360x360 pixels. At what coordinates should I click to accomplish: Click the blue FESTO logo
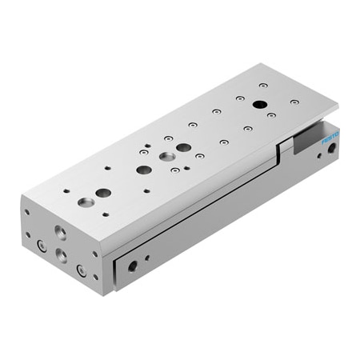pyautogui.click(x=330, y=138)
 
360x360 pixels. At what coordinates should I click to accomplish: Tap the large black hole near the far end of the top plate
pyautogui.click(x=259, y=105)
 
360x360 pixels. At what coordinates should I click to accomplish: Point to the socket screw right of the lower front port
pyautogui.click(x=82, y=270)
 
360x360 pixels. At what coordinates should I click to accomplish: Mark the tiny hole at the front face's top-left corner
pyautogui.click(x=26, y=213)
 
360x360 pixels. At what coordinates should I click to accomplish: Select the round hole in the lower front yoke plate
pyautogui.click(x=133, y=265)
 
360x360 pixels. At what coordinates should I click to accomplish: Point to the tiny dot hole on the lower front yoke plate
pyautogui.click(x=146, y=258)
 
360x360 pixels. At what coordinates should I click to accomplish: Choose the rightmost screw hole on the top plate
pyautogui.click(x=294, y=102)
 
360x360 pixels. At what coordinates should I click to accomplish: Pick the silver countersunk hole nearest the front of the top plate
pyautogui.click(x=102, y=193)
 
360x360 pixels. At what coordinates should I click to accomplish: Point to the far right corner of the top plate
pyautogui.click(x=337, y=105)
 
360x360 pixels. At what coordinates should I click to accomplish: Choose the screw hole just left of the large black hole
pyautogui.click(x=239, y=99)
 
